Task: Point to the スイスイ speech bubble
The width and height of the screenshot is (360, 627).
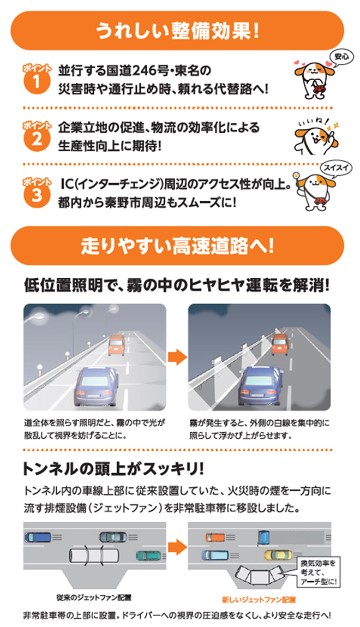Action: pos(336,168)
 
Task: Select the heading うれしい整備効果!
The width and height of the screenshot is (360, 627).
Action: pos(177,31)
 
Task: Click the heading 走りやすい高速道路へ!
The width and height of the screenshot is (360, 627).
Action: pos(177,246)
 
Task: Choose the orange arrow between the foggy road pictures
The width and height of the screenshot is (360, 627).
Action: pos(177,357)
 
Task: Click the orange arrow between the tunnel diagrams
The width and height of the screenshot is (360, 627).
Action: pos(177,547)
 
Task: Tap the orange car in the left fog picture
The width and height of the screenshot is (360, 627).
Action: pos(116,345)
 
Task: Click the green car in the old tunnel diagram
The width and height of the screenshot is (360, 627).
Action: pos(148,556)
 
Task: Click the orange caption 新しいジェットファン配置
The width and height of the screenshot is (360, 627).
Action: pos(259,599)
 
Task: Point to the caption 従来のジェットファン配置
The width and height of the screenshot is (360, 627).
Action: pos(94,598)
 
